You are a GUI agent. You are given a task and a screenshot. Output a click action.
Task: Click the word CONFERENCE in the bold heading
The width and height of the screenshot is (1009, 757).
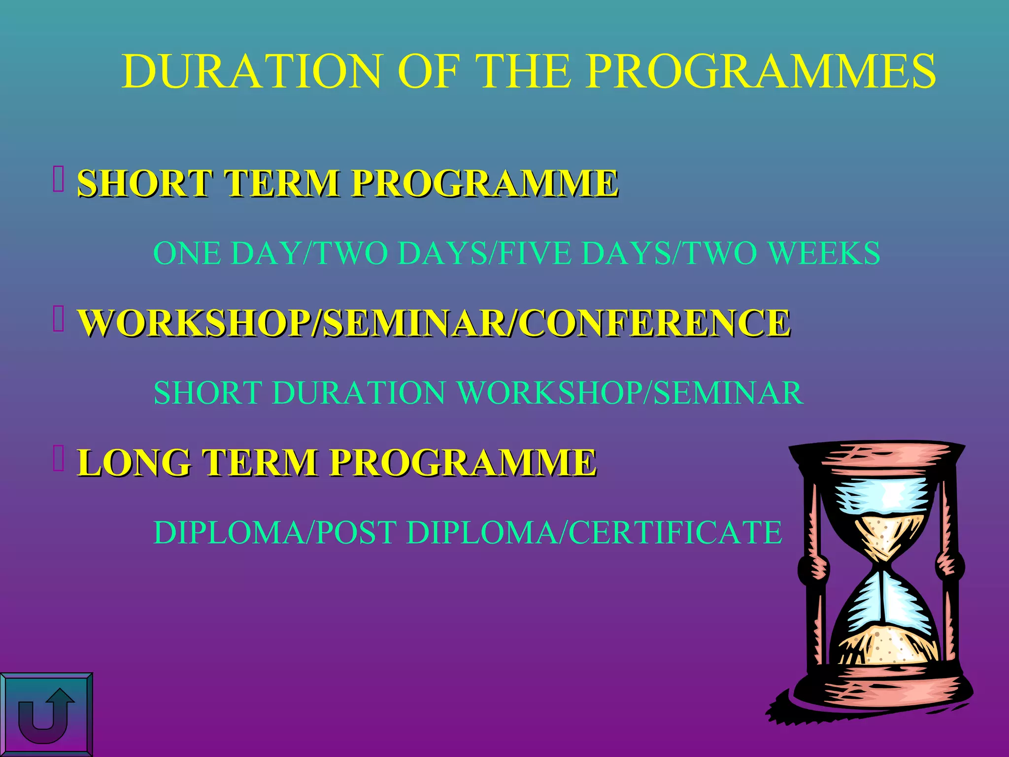point(655,323)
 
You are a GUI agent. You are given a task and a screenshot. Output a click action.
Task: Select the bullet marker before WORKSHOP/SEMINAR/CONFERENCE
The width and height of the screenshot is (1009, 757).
point(59,319)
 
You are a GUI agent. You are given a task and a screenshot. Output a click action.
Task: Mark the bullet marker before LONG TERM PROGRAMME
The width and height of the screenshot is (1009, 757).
point(59,458)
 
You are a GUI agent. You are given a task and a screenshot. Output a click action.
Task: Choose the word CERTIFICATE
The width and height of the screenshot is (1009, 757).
point(675,533)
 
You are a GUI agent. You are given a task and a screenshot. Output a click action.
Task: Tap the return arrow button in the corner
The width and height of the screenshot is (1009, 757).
point(46,715)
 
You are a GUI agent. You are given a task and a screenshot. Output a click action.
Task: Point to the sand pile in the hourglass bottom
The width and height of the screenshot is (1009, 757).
point(882,646)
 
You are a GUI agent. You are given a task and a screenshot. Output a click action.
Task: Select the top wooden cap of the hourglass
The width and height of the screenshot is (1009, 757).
point(877,458)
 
